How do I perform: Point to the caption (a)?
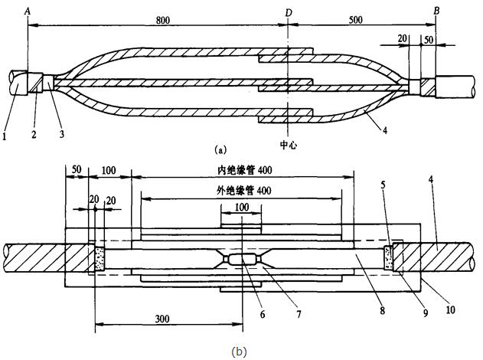220,151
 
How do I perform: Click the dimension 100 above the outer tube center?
241,208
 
